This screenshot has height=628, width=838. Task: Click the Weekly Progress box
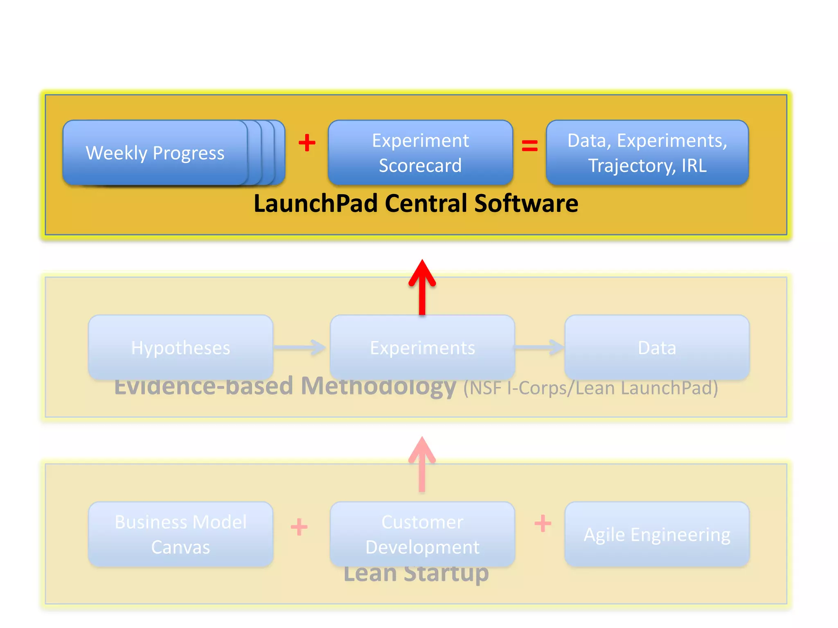[x=155, y=153]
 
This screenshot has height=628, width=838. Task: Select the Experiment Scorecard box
[x=420, y=153]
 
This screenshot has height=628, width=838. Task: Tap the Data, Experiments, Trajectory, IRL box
[x=647, y=153]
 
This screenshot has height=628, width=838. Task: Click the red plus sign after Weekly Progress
[x=307, y=143]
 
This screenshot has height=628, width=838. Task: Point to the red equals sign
[x=529, y=146]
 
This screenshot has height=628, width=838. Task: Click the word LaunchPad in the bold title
[x=315, y=204]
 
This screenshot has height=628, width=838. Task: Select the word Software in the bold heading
[x=526, y=204]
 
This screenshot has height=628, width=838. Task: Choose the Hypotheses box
[x=180, y=348]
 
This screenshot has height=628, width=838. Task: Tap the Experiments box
[x=422, y=348]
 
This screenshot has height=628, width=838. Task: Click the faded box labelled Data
[x=657, y=348]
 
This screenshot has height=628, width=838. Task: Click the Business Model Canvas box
[x=180, y=534]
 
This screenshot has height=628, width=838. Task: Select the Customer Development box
[x=422, y=534]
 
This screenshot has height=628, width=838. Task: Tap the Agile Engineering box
[x=657, y=534]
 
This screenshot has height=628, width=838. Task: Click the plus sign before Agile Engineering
[x=543, y=523]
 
